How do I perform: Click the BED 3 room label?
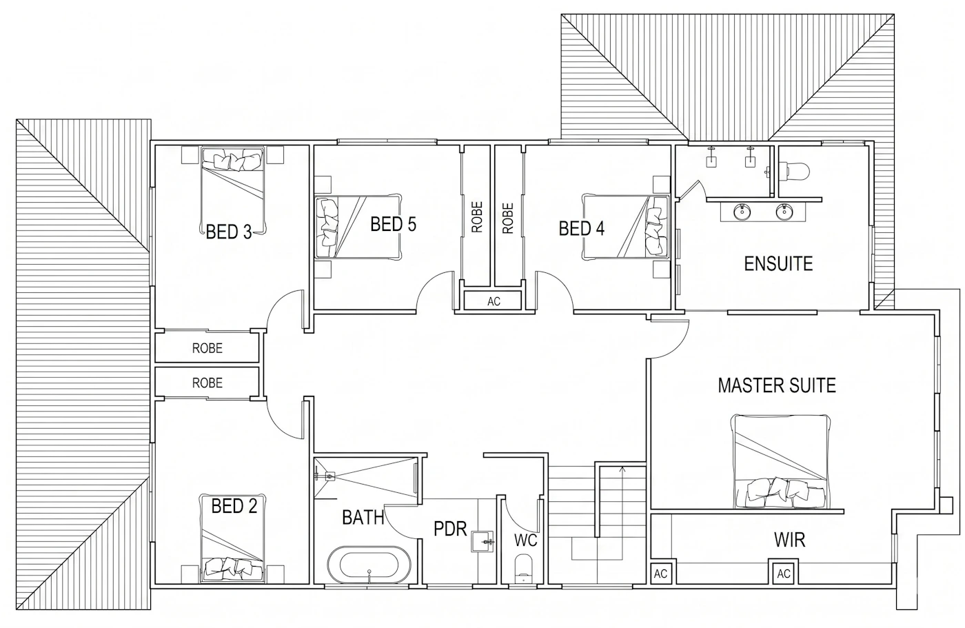coord(228,232)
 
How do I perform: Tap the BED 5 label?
coord(394,225)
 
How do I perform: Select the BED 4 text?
coord(581,228)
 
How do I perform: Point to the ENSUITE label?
coord(778,263)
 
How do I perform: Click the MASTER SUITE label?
coord(777,385)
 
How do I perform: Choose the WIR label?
coord(789,540)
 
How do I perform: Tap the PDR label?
coord(449,529)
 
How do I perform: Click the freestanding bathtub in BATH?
coord(369,565)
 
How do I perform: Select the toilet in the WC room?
coord(523,569)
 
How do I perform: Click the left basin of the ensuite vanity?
coord(742,212)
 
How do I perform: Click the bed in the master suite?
coord(780,461)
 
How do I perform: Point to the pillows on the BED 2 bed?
coord(233,568)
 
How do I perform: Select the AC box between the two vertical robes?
coord(493,301)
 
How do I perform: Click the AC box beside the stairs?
coord(660,574)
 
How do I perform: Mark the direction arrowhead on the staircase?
coord(622,469)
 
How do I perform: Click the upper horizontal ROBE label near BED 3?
coord(207,348)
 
